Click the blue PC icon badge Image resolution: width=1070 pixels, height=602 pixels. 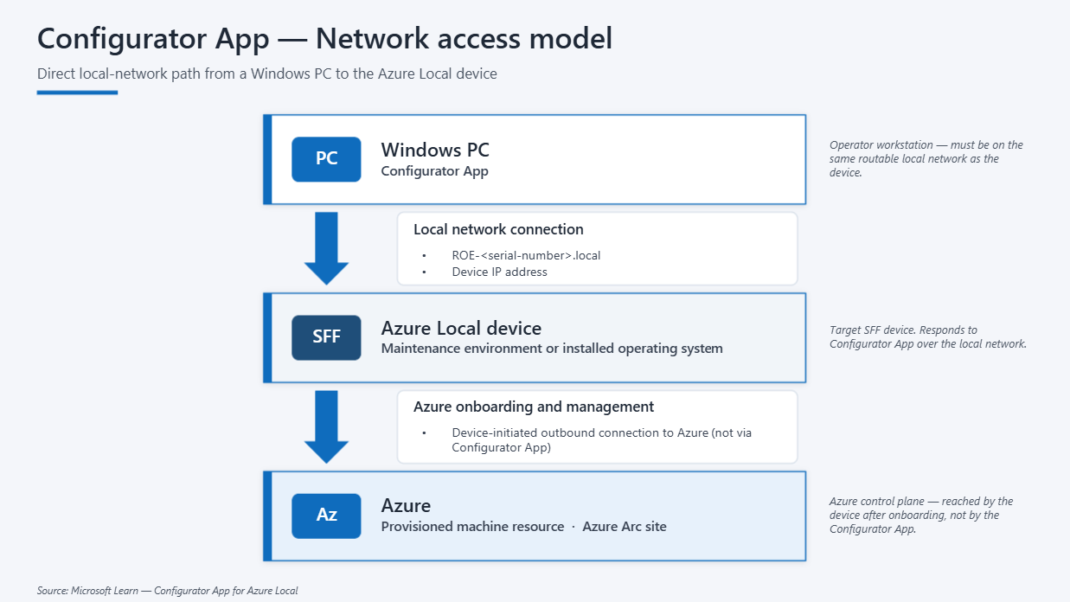(x=326, y=159)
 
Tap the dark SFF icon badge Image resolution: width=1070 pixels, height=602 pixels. (x=326, y=337)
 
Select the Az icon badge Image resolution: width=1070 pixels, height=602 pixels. (x=326, y=516)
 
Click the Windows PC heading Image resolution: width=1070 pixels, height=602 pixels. (x=435, y=150)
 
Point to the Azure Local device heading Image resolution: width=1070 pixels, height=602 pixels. (x=461, y=328)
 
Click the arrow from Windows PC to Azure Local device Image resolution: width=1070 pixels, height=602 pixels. (x=326, y=248)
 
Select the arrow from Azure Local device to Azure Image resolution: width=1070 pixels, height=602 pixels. (x=326, y=426)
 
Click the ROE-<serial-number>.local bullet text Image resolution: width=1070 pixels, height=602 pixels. (x=526, y=256)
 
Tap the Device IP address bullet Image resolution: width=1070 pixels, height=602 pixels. (x=499, y=272)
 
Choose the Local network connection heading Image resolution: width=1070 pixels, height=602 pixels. (x=498, y=229)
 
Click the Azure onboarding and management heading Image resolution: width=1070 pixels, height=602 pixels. (x=533, y=407)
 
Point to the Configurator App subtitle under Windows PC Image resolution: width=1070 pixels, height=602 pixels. (x=434, y=171)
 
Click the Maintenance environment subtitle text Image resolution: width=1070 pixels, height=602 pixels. (x=552, y=349)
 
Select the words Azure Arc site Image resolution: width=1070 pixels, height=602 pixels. (x=625, y=527)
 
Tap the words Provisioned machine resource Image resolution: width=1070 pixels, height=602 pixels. (x=472, y=527)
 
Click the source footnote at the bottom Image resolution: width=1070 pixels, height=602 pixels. (x=167, y=591)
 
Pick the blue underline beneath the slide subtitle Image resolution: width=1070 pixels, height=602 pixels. (x=77, y=93)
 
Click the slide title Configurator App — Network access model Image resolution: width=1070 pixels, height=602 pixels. (x=324, y=38)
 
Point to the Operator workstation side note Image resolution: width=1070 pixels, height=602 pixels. (x=926, y=158)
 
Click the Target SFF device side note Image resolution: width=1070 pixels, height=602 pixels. (x=927, y=336)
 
